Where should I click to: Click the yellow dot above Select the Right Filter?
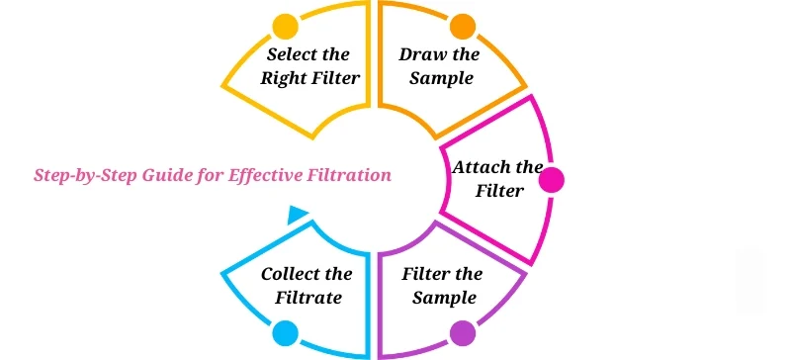tap(285, 26)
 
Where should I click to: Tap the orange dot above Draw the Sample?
tap(462, 26)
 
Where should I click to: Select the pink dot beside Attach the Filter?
tap(550, 180)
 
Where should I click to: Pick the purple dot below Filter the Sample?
tap(462, 332)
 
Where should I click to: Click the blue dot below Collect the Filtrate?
tap(286, 332)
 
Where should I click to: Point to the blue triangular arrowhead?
tap(296, 215)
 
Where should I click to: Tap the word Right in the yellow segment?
tap(283, 77)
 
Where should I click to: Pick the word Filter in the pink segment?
tap(499, 191)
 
